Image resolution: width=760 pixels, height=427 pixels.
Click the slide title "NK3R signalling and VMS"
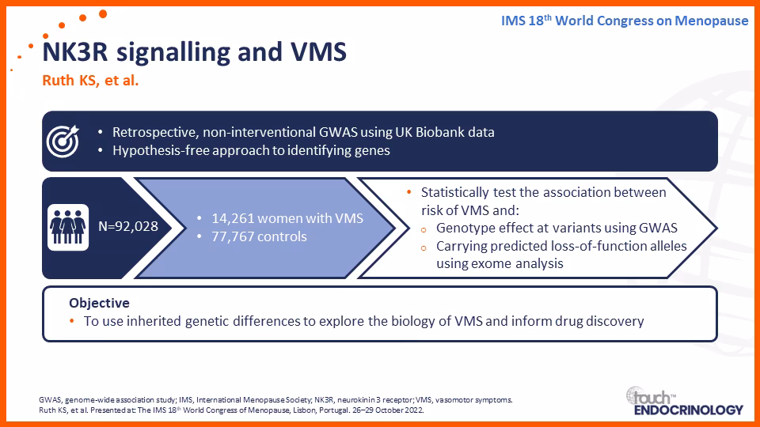pyautogui.click(x=195, y=52)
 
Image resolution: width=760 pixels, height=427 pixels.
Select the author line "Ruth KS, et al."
pyautogui.click(x=90, y=81)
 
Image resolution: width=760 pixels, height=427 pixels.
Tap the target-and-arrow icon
pyautogui.click(x=63, y=141)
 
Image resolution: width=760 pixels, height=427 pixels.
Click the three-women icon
pyautogui.click(x=68, y=227)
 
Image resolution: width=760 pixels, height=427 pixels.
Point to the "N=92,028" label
pyautogui.click(x=128, y=227)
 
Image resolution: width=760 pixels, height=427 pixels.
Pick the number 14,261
pyautogui.click(x=233, y=218)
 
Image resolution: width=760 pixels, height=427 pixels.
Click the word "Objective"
pyautogui.click(x=100, y=303)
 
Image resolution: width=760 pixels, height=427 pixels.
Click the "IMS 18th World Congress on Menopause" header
pyautogui.click(x=625, y=21)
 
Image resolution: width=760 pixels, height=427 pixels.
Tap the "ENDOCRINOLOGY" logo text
pyautogui.click(x=688, y=410)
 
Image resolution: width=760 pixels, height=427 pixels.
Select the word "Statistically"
pyautogui.click(x=455, y=193)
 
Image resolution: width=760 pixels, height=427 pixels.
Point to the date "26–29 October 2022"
pyautogui.click(x=388, y=410)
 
